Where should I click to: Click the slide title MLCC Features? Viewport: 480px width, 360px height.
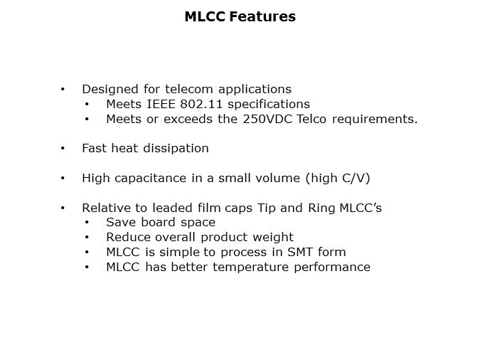tap(240, 16)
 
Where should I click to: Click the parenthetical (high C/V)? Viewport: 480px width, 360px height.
tap(336, 178)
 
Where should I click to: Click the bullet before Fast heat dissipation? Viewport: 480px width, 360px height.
tap(63, 148)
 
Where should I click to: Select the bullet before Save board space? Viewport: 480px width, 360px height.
tap(87, 223)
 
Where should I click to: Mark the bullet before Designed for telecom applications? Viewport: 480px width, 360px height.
tap(63, 89)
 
